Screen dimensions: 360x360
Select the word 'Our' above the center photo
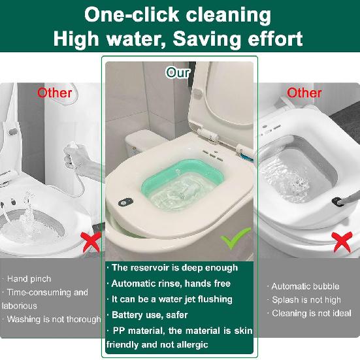(x=178, y=72)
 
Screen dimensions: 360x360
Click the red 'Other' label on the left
(x=55, y=92)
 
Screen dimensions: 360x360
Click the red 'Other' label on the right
(x=304, y=92)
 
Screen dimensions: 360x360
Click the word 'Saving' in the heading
(x=208, y=39)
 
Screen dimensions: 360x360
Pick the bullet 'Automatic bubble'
(x=304, y=286)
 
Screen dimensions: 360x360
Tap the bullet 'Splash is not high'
(x=306, y=300)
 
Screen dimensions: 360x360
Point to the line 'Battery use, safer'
(x=150, y=315)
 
